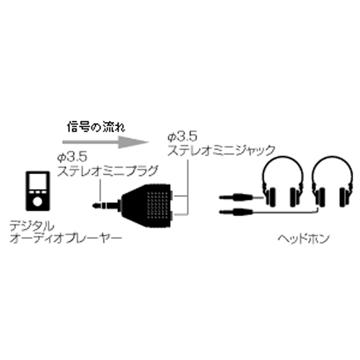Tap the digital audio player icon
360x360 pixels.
38,191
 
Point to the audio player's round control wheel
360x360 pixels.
37,202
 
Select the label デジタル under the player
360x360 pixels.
32,226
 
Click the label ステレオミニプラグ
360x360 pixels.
108,170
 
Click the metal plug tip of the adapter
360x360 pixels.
104,206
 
